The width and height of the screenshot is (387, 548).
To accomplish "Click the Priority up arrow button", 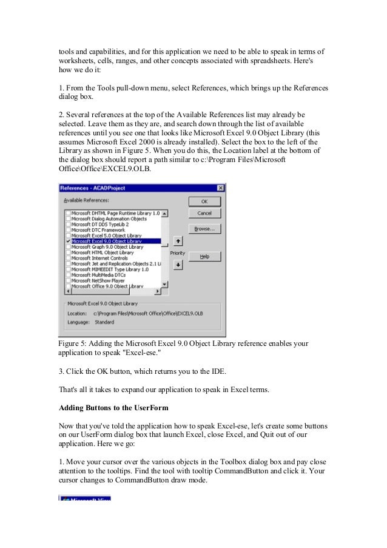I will click(178, 240).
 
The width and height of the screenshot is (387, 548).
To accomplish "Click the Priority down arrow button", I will click(178, 264).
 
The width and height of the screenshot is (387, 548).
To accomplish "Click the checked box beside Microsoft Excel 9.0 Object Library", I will click(67, 242).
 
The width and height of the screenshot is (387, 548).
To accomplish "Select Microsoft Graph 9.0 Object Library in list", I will click(107, 247).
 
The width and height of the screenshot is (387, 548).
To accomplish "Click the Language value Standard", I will click(104, 322).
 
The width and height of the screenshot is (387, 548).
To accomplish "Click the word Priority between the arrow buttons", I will click(178, 252).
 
